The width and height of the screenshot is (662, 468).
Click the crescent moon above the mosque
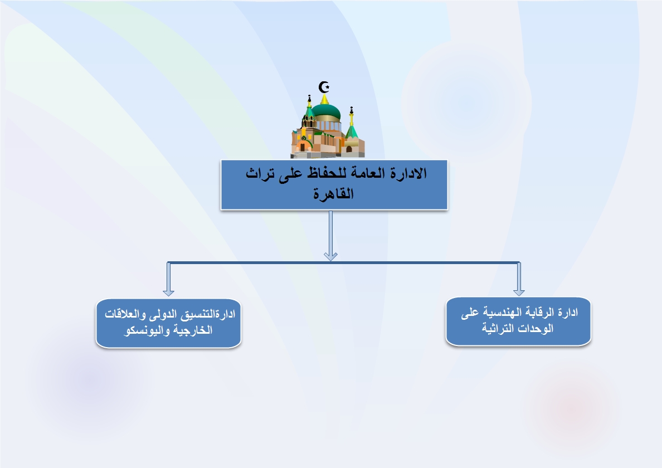click(323, 87)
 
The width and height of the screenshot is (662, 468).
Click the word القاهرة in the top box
click(334, 194)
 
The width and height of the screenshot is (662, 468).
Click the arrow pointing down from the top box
click(330, 235)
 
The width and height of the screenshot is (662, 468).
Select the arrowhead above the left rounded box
click(168, 292)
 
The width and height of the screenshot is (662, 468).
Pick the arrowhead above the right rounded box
click(519, 292)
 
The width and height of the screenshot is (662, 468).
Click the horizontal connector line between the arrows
click(343, 262)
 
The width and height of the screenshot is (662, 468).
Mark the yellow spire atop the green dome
click(324, 99)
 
